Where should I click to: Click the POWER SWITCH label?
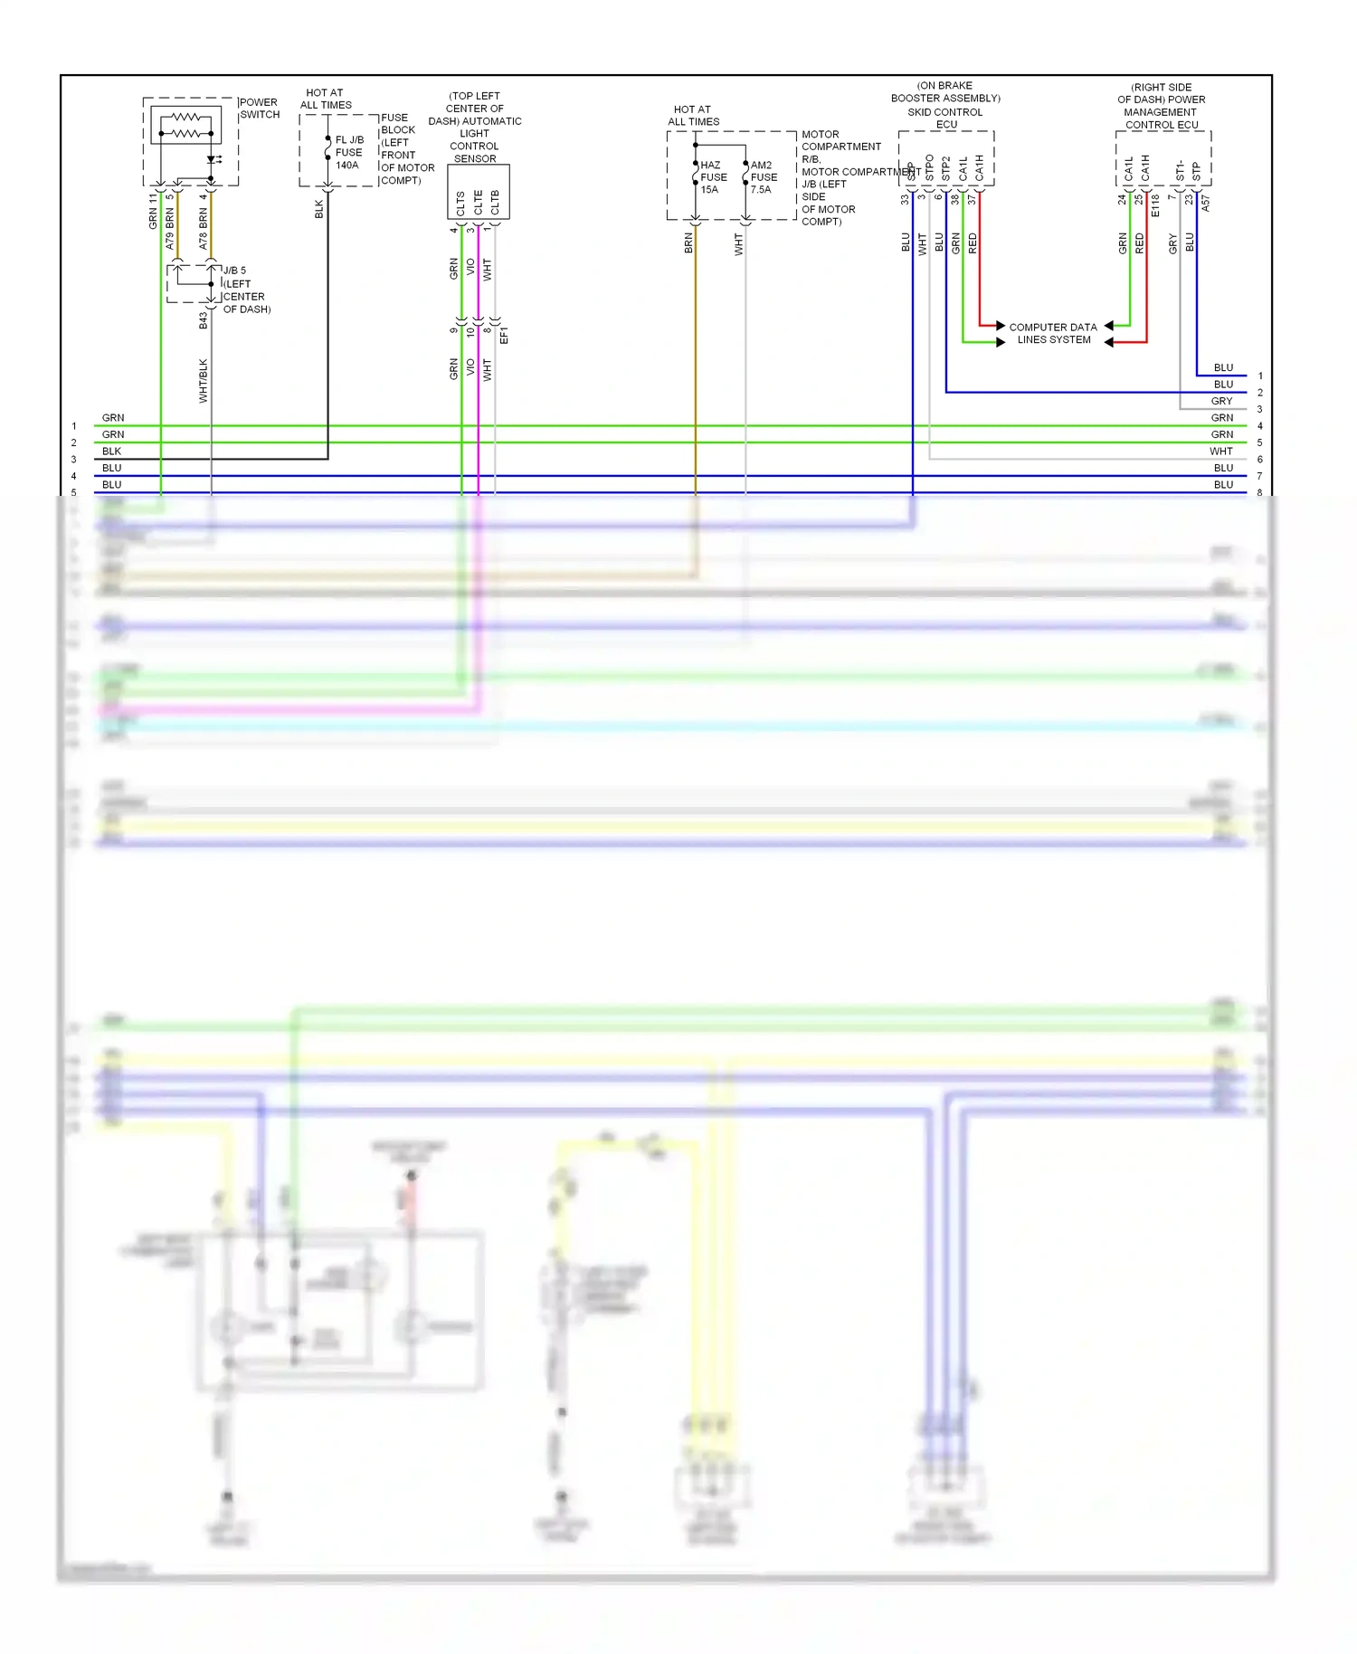tap(259, 109)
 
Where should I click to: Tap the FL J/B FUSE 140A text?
tap(348, 153)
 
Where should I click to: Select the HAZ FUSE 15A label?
tap(713, 177)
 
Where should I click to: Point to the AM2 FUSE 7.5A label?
tap(763, 177)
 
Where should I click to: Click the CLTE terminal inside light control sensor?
tap(478, 202)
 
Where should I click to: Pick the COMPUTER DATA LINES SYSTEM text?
tap(1053, 334)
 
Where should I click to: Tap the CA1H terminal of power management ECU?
tap(1145, 167)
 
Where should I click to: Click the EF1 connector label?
tap(504, 335)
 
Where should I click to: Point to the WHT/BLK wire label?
tap(204, 381)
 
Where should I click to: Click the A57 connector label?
tap(1205, 204)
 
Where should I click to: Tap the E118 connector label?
tap(1155, 206)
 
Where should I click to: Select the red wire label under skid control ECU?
tap(973, 242)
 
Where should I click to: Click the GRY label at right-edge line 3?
tap(1221, 401)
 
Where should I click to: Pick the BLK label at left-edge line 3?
tap(111, 452)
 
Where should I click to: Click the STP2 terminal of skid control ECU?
tap(945, 167)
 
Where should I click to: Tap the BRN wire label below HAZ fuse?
tap(688, 242)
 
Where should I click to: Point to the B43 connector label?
tap(204, 320)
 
